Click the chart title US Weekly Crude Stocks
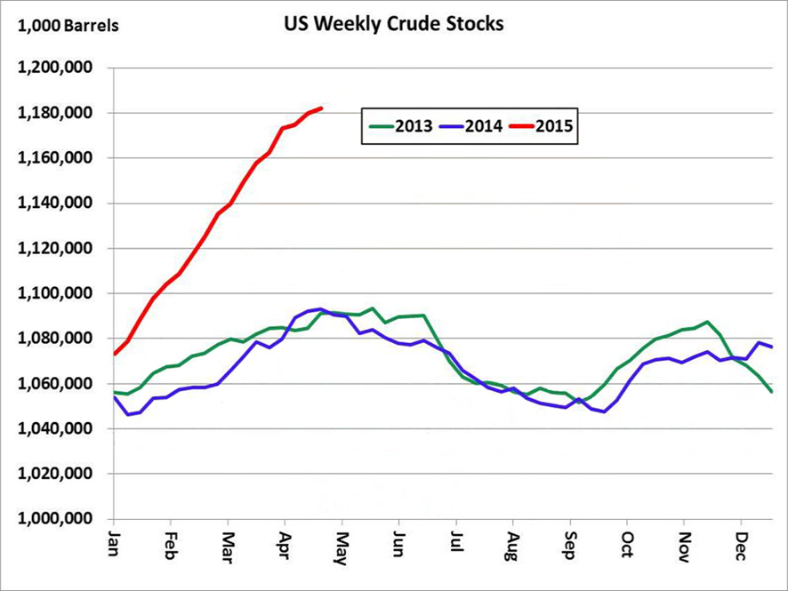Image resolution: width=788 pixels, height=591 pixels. [391, 24]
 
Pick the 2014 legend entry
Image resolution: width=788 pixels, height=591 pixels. [471, 126]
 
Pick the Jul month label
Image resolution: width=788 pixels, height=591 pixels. [456, 542]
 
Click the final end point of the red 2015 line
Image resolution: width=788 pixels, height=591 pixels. [321, 108]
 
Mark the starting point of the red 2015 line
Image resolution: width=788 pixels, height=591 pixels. [115, 354]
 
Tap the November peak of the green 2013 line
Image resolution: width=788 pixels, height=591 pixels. [707, 322]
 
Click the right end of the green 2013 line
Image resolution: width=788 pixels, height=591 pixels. [772, 392]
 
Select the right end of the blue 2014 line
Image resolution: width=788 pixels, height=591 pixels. [772, 347]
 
